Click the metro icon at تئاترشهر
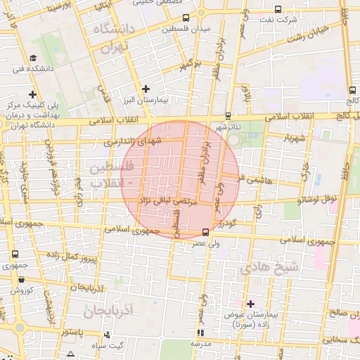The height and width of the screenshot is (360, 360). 227,116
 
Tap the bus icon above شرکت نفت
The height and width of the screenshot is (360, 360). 278,10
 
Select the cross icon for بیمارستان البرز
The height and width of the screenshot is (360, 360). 146,89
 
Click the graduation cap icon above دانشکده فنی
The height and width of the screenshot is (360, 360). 33,58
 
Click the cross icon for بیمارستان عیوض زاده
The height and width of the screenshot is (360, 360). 250,303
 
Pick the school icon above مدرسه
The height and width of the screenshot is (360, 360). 200,333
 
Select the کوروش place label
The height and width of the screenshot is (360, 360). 21,290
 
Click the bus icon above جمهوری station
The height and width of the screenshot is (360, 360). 14,254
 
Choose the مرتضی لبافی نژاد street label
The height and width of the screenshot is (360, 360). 167,201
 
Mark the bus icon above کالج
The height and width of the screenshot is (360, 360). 351,90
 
